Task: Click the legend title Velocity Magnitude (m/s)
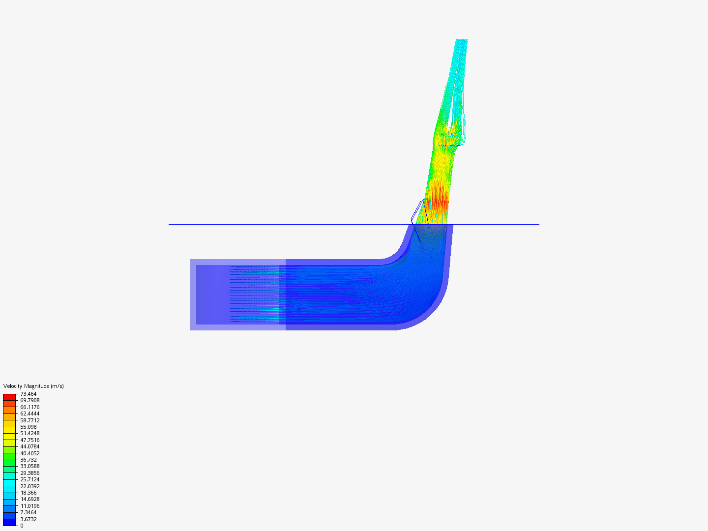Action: (33, 386)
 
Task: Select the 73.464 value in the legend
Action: (29, 394)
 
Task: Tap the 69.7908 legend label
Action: (29, 400)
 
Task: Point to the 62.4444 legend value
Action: (29, 413)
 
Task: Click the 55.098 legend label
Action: (29, 427)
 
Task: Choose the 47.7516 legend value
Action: (29, 440)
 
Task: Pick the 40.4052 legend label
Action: (29, 453)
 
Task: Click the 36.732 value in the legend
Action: (29, 460)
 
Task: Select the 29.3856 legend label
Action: (29, 473)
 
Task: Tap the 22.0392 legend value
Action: (29, 486)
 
